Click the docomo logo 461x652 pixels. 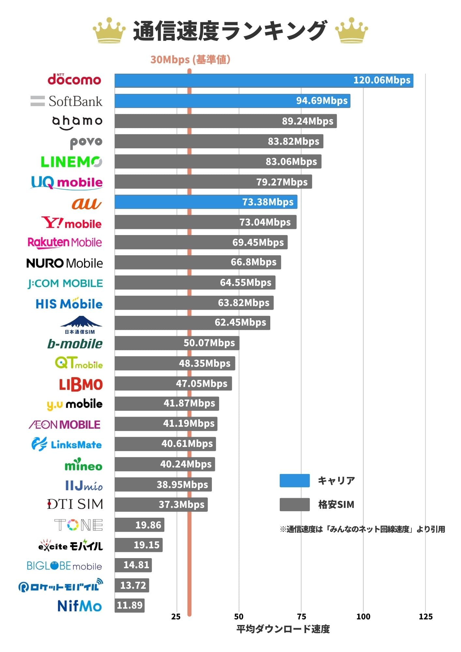coord(74,79)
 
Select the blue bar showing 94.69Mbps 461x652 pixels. coord(232,101)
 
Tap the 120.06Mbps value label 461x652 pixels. coord(381,80)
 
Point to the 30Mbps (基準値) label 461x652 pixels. coord(190,60)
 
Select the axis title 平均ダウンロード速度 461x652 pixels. coord(283,629)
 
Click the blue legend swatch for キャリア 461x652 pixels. coord(294,481)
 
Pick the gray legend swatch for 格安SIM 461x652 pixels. coord(294,505)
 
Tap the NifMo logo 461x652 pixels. coord(80,606)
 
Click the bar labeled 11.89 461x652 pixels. coord(129,605)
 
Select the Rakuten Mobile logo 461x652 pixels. coord(65,243)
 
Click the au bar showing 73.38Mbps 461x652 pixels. coord(205,202)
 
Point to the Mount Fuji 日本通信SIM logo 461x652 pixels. coord(81,325)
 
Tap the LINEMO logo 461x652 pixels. coord(71,162)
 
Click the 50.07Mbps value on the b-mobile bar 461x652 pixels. coord(209,343)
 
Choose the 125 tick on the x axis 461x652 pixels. coord(425,616)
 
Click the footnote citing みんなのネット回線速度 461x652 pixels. coord(362,529)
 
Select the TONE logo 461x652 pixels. coord(79,525)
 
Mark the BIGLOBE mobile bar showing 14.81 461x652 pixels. coord(133,565)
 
